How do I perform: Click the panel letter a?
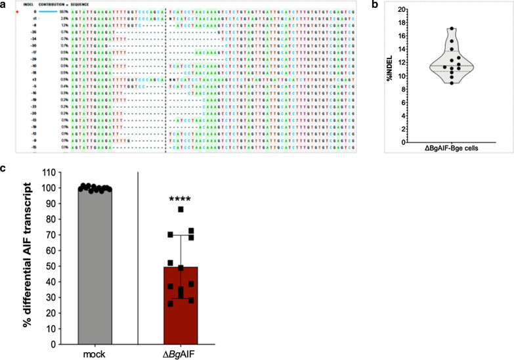(4, 4)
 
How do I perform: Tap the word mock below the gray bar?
(95, 353)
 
